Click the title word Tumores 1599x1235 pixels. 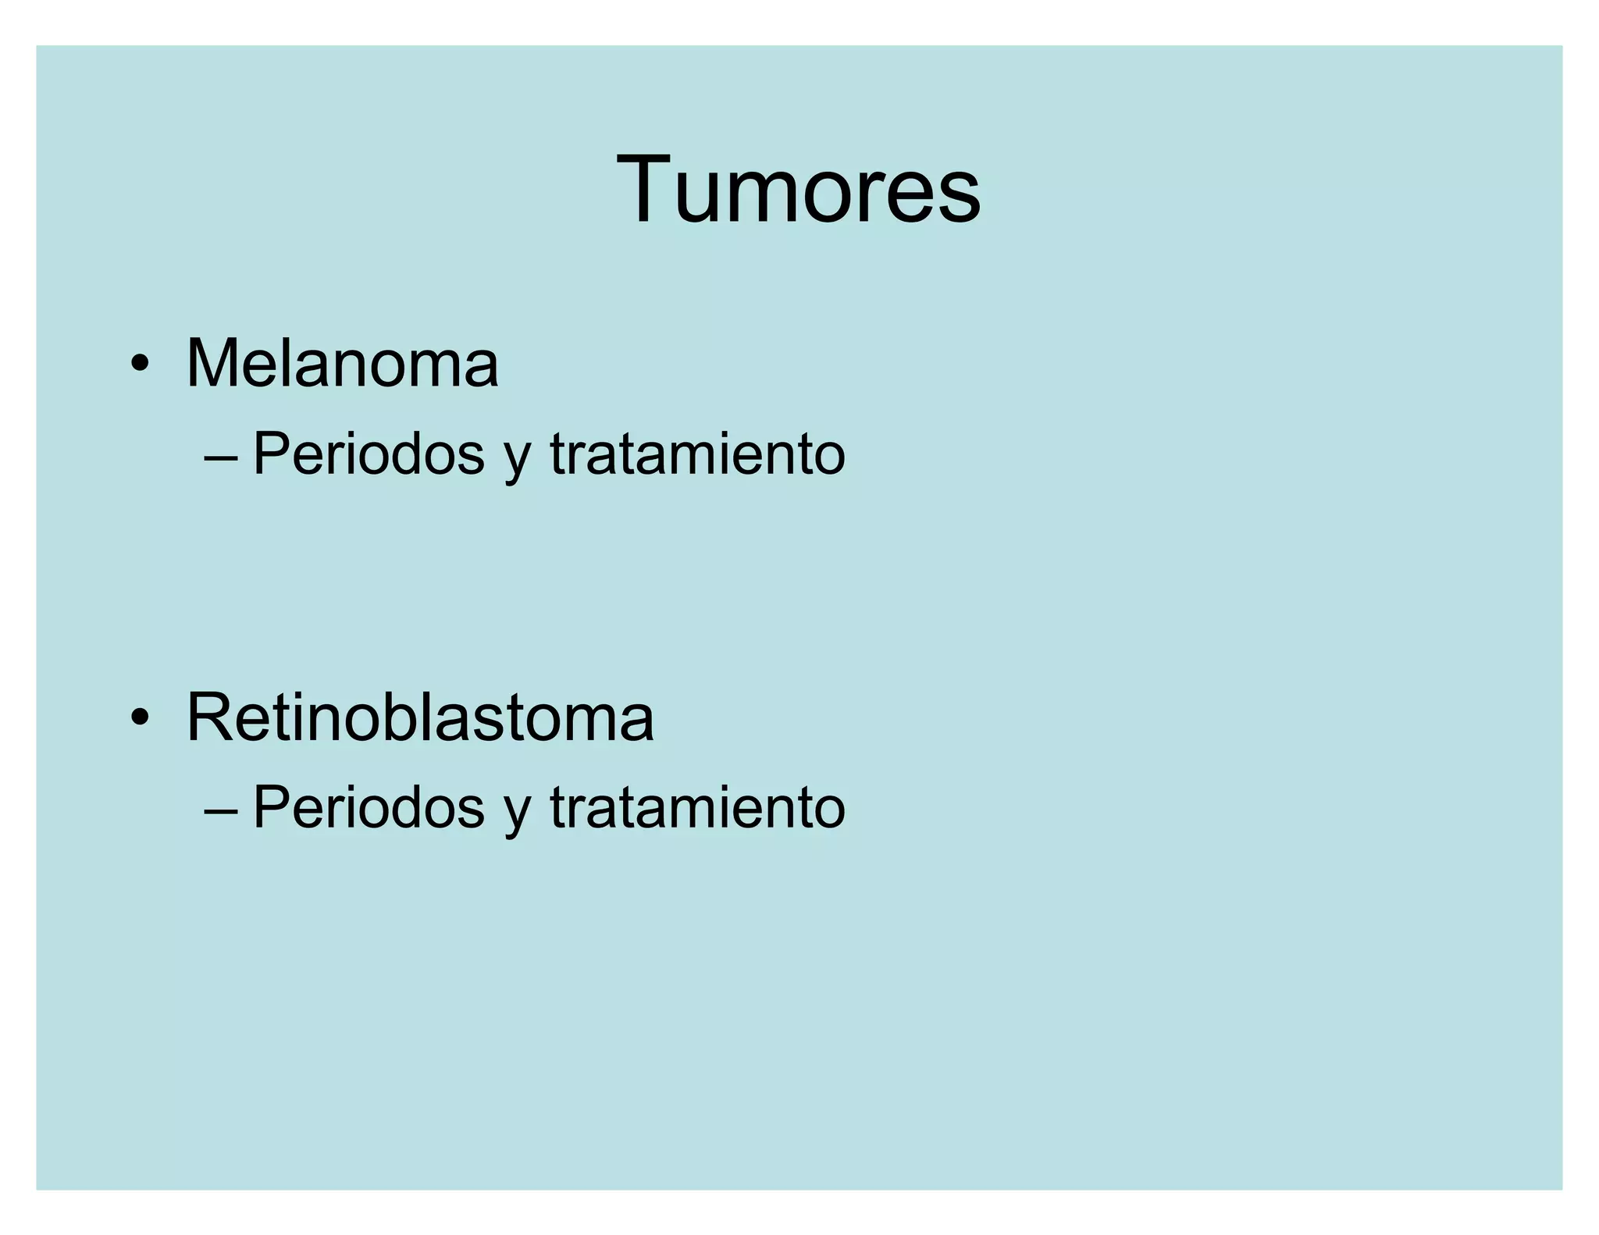coord(798,190)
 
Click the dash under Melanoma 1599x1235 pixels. coord(221,457)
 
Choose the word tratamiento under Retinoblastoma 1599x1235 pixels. coord(697,806)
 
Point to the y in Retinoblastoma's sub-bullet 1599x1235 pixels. coord(517,813)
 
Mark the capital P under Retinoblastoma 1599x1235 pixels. coord(270,806)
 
